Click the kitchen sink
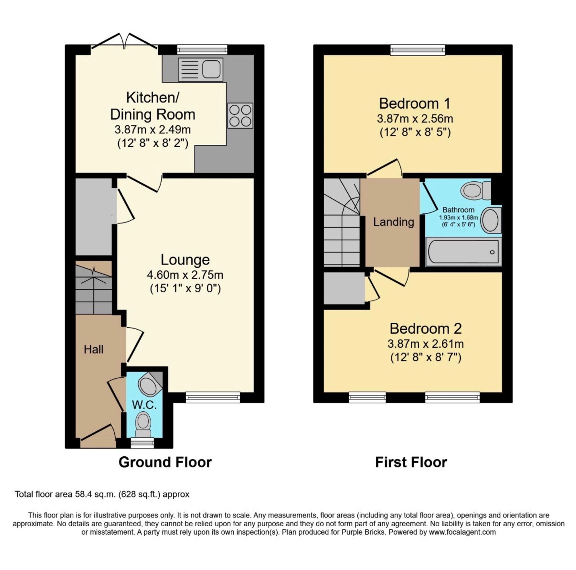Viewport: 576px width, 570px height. [200, 69]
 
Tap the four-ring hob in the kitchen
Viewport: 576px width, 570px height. [240, 116]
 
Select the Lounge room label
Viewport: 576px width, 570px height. [185, 260]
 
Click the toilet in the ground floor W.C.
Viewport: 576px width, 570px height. [143, 424]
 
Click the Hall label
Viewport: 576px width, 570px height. [94, 349]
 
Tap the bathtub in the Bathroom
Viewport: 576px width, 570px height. [463, 252]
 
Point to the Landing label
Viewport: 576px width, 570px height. [393, 222]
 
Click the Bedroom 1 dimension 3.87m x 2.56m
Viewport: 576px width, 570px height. [415, 119]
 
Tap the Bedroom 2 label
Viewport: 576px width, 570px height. [425, 329]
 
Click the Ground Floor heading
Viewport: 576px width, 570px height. [165, 462]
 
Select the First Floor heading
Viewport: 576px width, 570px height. [411, 462]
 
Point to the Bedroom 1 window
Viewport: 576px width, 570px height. [418, 50]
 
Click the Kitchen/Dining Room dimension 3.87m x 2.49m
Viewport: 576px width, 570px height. [152, 130]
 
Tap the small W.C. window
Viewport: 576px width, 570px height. [143, 444]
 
